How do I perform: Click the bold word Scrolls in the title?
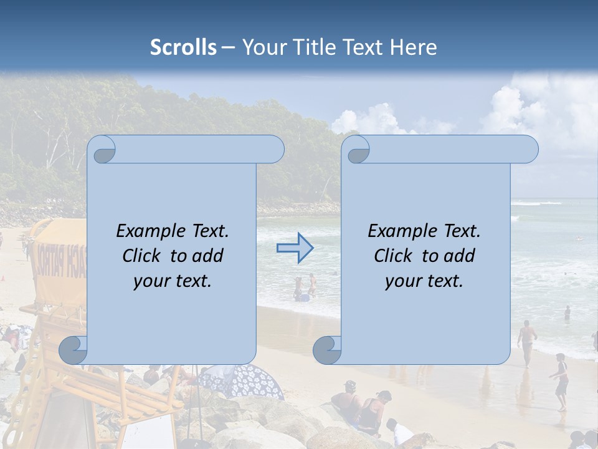point(183,47)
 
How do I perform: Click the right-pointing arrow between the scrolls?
point(295,248)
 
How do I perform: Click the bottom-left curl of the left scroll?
point(74,350)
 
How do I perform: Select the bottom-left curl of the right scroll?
point(326,350)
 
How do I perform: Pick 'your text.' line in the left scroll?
point(173,281)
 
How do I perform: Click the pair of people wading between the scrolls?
point(305,287)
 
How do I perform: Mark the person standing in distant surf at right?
point(567,312)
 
